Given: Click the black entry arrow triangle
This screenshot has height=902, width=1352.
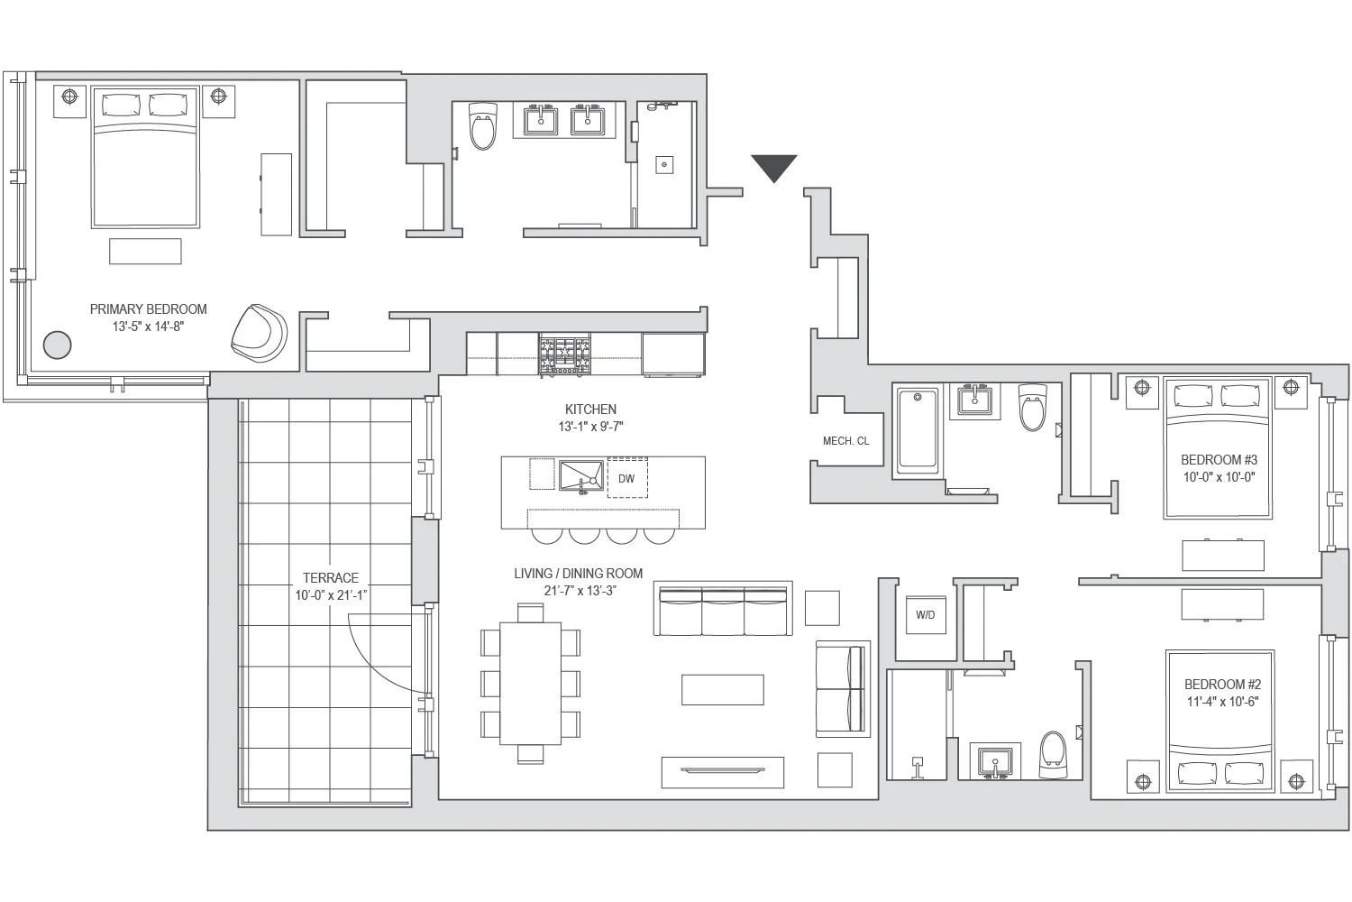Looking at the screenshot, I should tap(773, 167).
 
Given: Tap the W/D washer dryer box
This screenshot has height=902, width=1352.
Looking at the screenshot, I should tap(925, 615).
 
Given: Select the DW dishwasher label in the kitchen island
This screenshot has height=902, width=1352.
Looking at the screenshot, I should tap(626, 479).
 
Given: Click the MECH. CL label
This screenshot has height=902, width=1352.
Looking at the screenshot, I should tap(845, 441).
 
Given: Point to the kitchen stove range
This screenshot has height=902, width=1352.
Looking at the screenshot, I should tap(564, 355).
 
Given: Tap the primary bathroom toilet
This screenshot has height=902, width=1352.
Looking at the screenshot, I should tap(483, 128).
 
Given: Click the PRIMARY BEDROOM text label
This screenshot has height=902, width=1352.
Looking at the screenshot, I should tap(148, 309).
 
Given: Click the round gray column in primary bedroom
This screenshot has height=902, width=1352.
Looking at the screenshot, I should tap(58, 345).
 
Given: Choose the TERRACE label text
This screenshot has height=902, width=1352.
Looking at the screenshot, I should tap(330, 578).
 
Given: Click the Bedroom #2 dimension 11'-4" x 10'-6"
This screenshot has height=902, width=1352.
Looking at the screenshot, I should tap(1220, 702).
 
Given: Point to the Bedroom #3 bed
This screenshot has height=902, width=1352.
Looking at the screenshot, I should tap(1218, 448).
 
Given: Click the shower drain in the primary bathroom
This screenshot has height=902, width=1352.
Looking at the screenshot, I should tap(664, 164).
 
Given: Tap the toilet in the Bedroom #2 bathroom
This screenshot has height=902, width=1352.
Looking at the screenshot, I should tap(1051, 754).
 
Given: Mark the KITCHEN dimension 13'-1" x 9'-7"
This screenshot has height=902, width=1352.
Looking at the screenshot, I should tap(590, 427).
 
